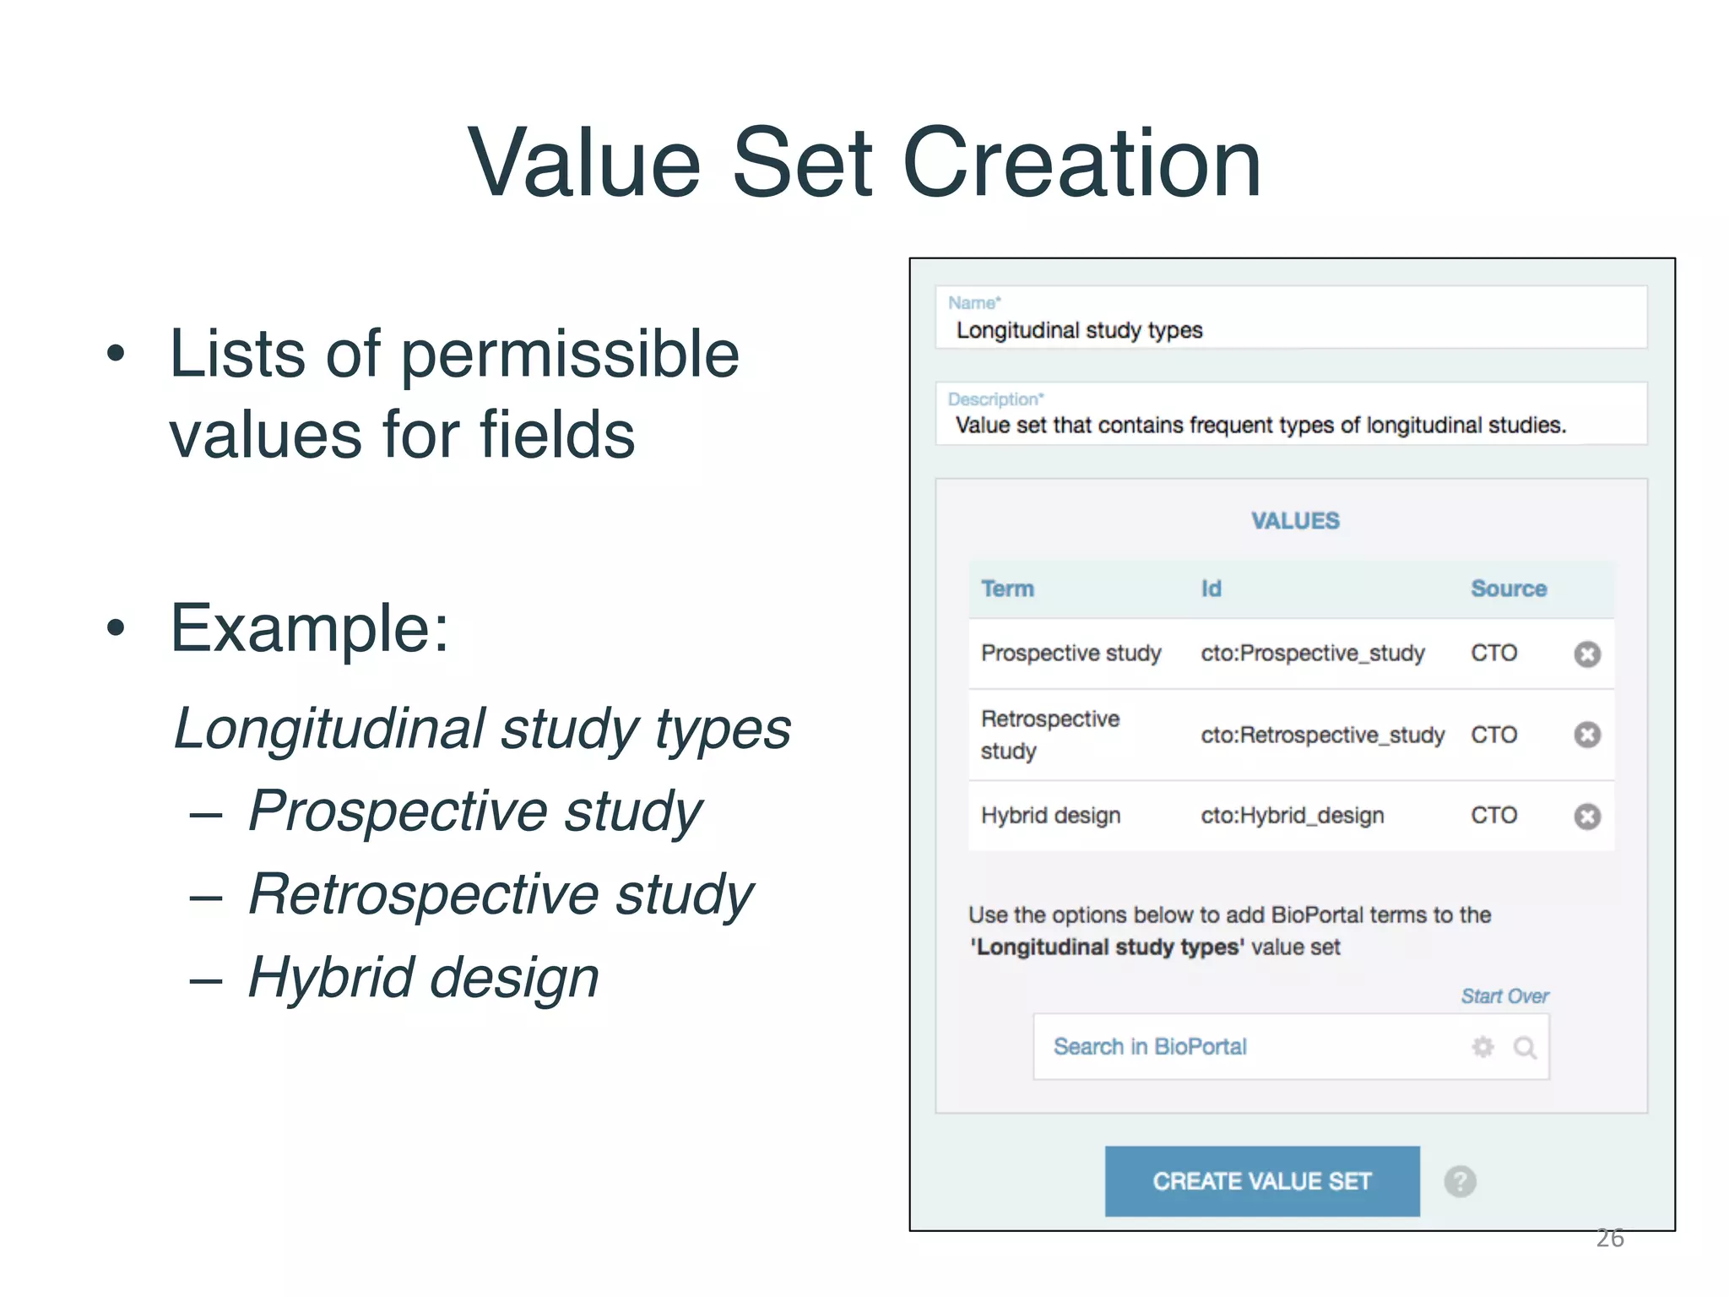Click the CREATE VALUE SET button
pos(1261,1180)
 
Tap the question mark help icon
pos(1460,1181)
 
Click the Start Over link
pos(1504,996)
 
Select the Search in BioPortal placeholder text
pos(1150,1047)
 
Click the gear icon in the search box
pos(1482,1047)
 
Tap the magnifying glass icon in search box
pos(1525,1048)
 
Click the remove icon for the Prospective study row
pos(1587,654)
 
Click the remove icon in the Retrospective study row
pos(1587,735)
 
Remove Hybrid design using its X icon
pos(1587,817)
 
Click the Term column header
pos(1007,589)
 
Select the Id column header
pos(1211,589)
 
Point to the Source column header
pos(1509,589)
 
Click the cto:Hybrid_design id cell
pos(1293,816)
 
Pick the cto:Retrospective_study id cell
pos(1323,735)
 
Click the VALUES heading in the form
pos(1295,520)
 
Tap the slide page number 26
pos(1610,1238)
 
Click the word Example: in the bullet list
pos(310,628)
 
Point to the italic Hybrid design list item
pos(424,977)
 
